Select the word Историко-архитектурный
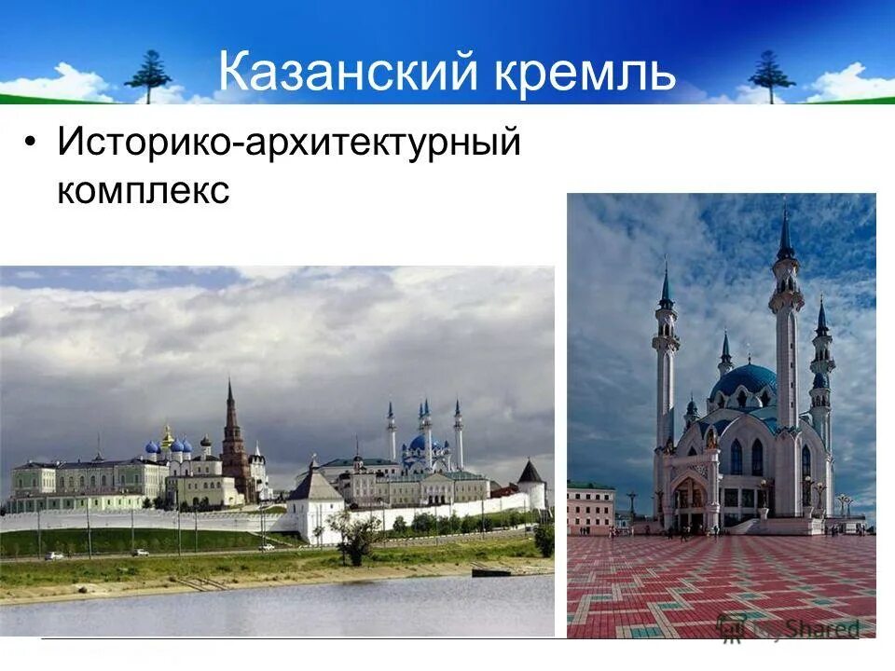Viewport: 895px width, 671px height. point(288,144)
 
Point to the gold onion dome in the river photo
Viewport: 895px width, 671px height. point(168,436)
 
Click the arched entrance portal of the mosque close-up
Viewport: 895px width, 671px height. point(690,503)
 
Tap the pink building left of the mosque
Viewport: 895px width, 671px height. point(591,508)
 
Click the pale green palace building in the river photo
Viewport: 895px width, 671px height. point(89,480)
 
